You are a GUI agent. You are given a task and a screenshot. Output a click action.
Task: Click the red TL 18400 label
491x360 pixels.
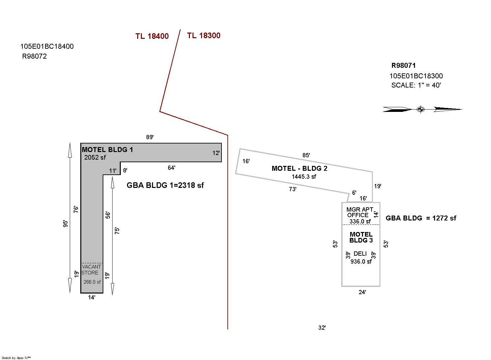point(152,36)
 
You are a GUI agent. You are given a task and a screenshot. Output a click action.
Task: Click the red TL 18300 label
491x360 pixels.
point(204,36)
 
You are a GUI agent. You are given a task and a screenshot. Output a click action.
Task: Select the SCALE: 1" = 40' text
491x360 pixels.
point(416,85)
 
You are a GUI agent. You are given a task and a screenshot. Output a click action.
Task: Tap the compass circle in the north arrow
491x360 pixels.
point(420,109)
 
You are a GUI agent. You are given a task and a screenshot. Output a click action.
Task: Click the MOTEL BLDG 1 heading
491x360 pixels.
point(107,150)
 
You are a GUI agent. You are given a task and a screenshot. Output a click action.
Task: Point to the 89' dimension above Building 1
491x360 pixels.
point(150,137)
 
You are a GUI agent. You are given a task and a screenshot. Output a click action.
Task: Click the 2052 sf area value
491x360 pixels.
point(95,158)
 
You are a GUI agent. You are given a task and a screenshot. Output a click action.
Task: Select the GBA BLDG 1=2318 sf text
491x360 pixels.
point(165,185)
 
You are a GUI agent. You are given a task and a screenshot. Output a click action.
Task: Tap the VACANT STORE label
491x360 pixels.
point(91,270)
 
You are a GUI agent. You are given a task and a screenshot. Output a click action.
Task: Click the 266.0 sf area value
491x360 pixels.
point(92,282)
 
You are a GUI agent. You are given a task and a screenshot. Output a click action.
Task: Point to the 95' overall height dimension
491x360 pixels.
point(66,223)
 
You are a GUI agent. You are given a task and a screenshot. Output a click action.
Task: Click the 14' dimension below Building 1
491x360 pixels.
point(91,297)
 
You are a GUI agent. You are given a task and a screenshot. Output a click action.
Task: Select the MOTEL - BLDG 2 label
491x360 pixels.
point(299,168)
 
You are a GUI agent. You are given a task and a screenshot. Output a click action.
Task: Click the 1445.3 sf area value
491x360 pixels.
point(304,177)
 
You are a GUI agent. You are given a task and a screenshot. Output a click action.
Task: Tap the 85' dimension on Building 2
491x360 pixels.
point(306,155)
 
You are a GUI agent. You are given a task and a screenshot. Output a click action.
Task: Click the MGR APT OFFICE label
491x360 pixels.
point(359,212)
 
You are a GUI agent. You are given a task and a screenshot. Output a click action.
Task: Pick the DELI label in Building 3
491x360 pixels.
point(360,254)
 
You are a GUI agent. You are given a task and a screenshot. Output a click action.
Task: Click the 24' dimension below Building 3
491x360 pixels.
point(362,292)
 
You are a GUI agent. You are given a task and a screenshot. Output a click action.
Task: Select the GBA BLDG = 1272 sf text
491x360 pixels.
point(421,218)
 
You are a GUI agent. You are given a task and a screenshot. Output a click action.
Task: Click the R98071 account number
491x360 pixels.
point(403,65)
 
